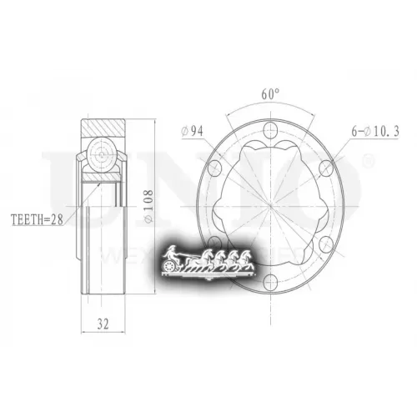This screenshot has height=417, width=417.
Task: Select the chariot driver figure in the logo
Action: click(171, 253)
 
